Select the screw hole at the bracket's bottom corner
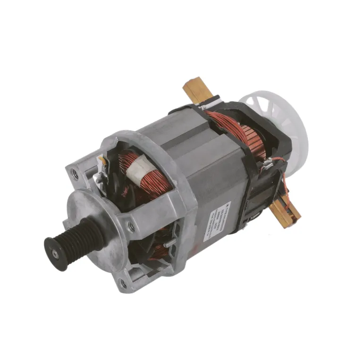[123, 284]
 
